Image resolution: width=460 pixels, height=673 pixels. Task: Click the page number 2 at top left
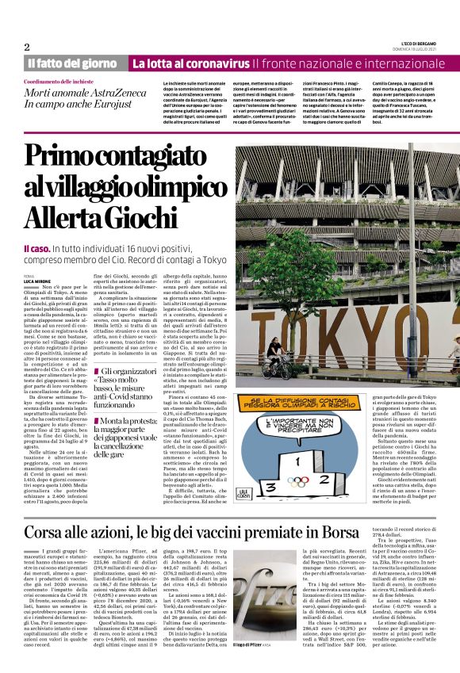(26, 47)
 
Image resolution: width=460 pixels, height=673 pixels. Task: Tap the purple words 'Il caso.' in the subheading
(37, 250)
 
